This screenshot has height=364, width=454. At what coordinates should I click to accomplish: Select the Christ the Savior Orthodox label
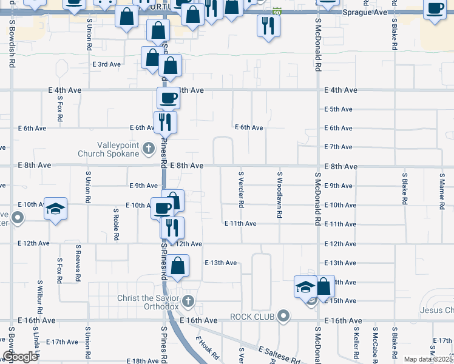click(x=148, y=302)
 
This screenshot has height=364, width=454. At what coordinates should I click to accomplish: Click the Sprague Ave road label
click(x=364, y=12)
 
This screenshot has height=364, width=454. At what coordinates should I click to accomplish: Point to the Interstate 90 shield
click(x=277, y=12)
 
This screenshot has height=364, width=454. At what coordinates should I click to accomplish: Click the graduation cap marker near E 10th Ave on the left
click(x=56, y=209)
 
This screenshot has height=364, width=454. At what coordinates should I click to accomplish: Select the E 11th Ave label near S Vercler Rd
click(x=240, y=224)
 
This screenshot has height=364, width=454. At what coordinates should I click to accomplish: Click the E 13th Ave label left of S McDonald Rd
click(x=221, y=263)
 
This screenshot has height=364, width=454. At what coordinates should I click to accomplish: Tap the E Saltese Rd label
click(x=279, y=356)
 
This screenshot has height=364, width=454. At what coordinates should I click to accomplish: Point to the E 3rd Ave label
click(x=106, y=64)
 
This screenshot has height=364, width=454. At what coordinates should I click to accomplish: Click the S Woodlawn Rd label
click(x=280, y=190)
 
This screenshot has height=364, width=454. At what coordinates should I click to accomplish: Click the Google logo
click(x=20, y=357)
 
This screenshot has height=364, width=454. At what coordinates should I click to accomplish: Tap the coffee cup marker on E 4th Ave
click(x=168, y=97)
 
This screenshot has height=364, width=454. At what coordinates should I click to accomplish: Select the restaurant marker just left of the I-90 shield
click(x=268, y=25)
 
